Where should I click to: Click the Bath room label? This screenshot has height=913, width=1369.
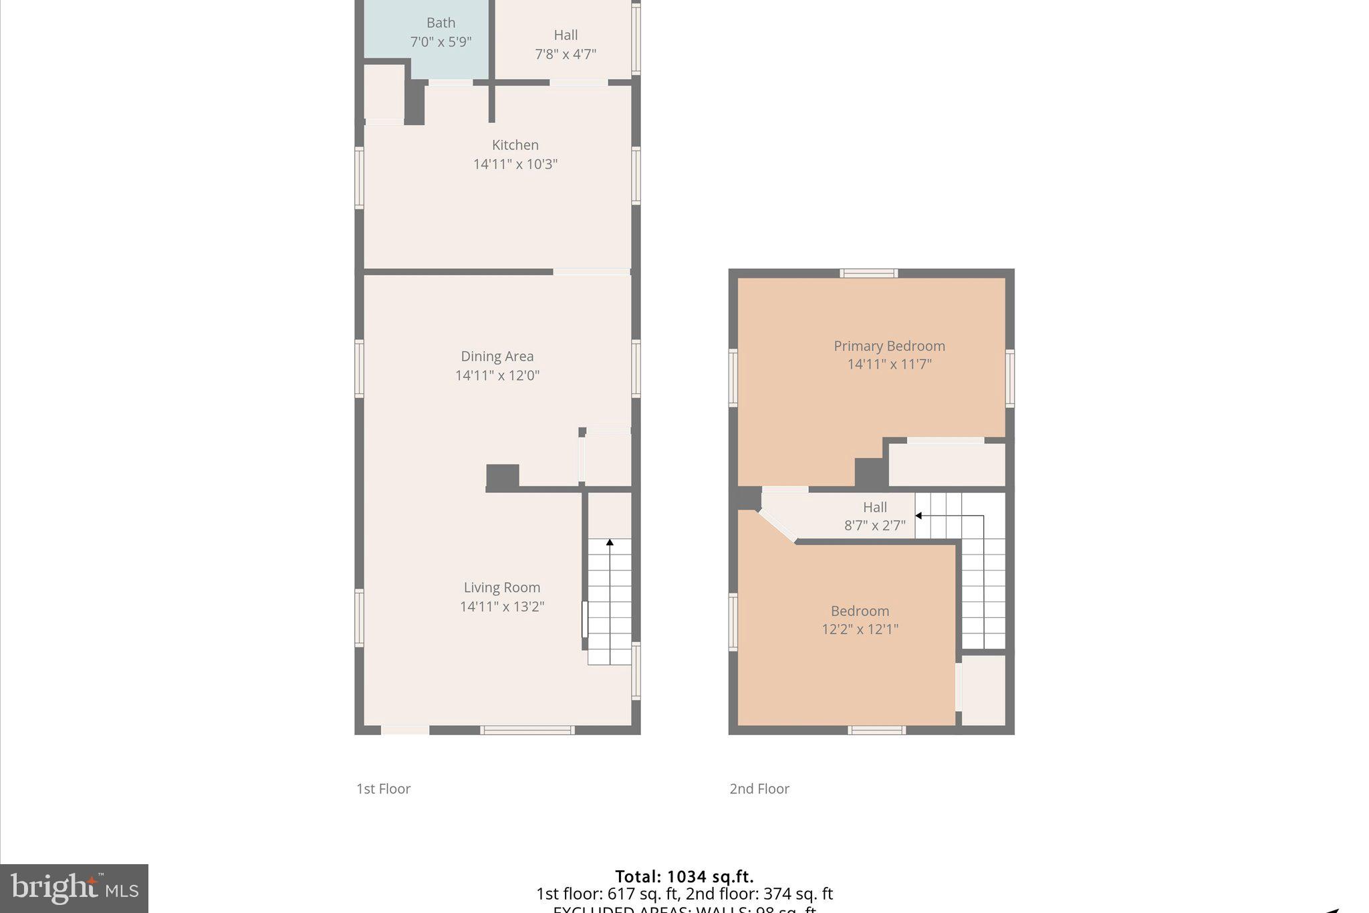tap(441, 23)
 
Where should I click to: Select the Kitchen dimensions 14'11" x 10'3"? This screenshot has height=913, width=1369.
tap(515, 165)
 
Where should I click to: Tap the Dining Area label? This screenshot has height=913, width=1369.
tap(497, 357)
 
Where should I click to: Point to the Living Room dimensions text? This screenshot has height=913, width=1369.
tap(502, 607)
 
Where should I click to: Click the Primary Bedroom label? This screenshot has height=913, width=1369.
tap(889, 346)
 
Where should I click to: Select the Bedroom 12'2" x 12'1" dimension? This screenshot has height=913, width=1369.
tap(860, 629)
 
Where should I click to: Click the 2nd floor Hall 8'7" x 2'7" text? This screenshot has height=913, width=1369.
tap(874, 526)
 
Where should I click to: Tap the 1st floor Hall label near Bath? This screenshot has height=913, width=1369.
tap(566, 35)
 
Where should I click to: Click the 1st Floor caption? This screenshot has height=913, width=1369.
tap(383, 789)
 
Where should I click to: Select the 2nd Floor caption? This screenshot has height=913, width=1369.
tap(759, 789)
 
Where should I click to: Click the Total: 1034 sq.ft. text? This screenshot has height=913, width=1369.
tap(684, 876)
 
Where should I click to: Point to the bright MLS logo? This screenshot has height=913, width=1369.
tap(74, 888)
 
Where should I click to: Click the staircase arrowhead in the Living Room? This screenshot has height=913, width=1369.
tap(610, 542)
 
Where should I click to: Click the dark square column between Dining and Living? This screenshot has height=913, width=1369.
tap(502, 477)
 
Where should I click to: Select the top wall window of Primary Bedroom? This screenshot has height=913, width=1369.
tap(868, 273)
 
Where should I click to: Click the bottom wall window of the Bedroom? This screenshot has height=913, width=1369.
tap(876, 730)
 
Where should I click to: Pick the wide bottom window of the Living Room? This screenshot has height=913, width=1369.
tap(527, 730)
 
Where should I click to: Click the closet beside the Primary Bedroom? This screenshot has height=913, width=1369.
tap(947, 464)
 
